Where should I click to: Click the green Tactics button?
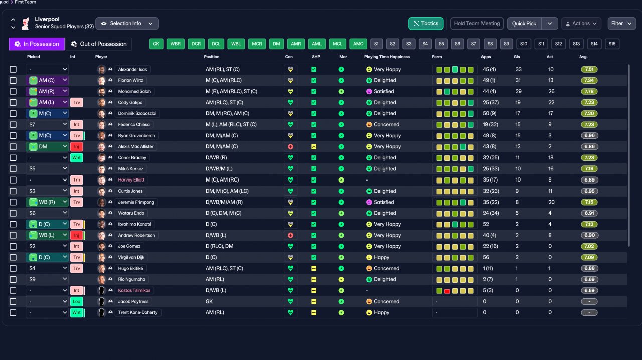click(426, 23)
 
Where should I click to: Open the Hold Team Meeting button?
click(477, 23)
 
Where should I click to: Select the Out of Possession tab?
click(99, 44)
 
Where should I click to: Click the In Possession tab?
click(37, 44)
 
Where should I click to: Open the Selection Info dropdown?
click(127, 23)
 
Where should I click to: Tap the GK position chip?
click(156, 44)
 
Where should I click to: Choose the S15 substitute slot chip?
click(612, 44)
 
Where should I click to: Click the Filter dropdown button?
click(621, 23)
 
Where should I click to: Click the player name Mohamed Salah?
click(134, 91)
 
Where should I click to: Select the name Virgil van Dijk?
click(131, 257)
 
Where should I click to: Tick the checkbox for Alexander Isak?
click(13, 69)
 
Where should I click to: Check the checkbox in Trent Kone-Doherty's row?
click(13, 313)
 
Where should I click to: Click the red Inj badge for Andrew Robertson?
click(77, 235)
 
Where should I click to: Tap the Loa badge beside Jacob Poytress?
click(77, 301)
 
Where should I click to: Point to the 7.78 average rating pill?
click(589, 91)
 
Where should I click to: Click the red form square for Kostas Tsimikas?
click(447, 291)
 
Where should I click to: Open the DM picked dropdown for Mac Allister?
click(47, 147)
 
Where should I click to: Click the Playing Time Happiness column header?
click(387, 57)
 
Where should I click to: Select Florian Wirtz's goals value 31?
click(518, 80)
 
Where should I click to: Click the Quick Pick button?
click(524, 23)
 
